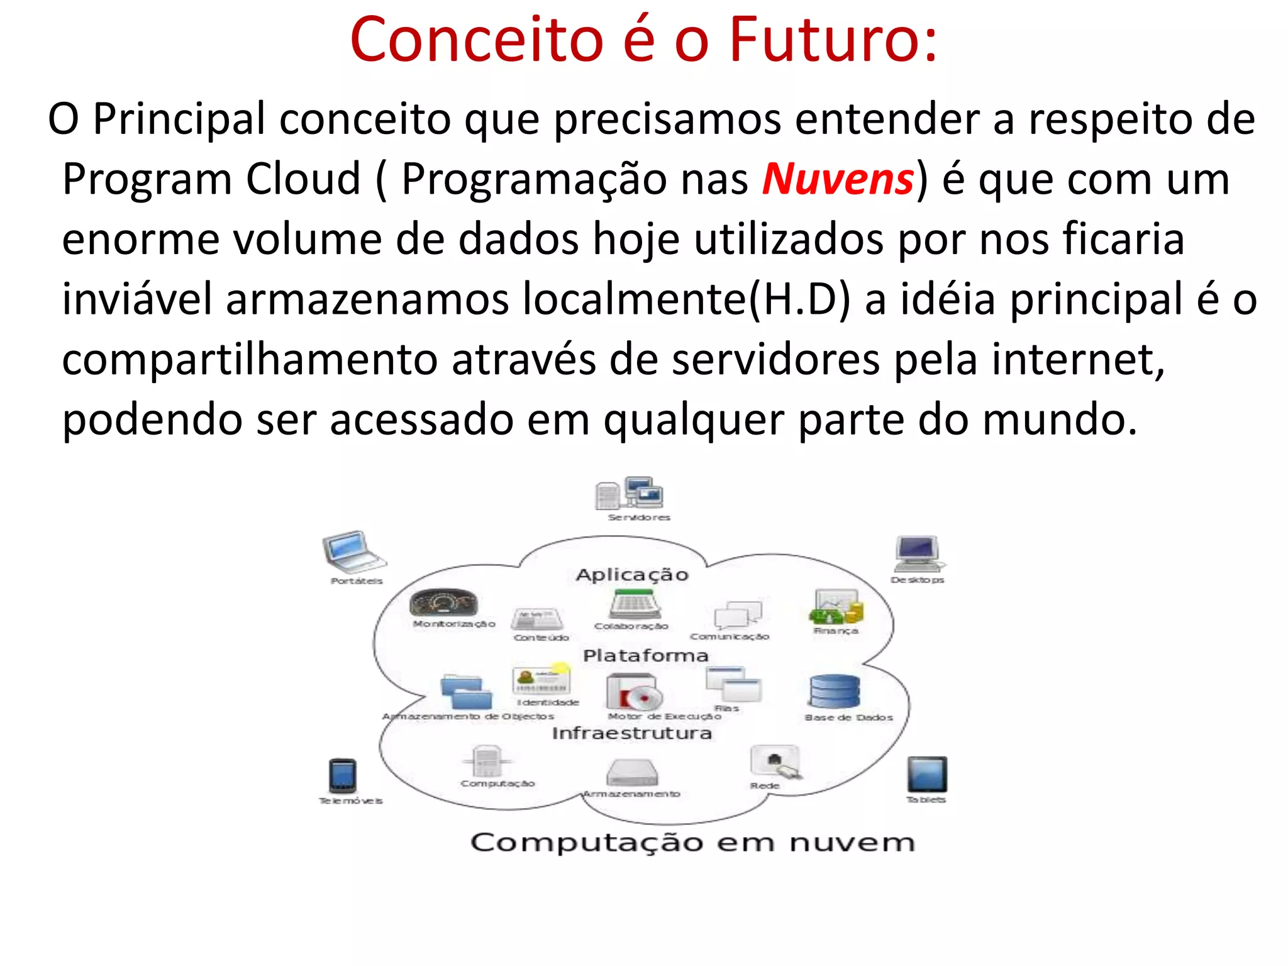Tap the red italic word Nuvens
pos(837,179)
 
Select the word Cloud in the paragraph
pos(303,179)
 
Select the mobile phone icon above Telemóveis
pos(343,775)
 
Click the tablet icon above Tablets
pos(927,774)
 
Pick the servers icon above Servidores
pos(630,493)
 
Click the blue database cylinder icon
pos(834,692)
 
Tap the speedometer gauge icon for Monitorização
pos(443,602)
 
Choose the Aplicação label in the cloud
pos(632,575)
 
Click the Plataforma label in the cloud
pos(646,656)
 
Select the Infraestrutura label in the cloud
pos(632,733)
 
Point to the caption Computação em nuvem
pos(692,843)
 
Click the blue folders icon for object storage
pos(466,692)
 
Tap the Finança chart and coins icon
pos(836,607)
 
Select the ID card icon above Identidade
pos(541,680)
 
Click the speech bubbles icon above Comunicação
pos(737,614)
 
